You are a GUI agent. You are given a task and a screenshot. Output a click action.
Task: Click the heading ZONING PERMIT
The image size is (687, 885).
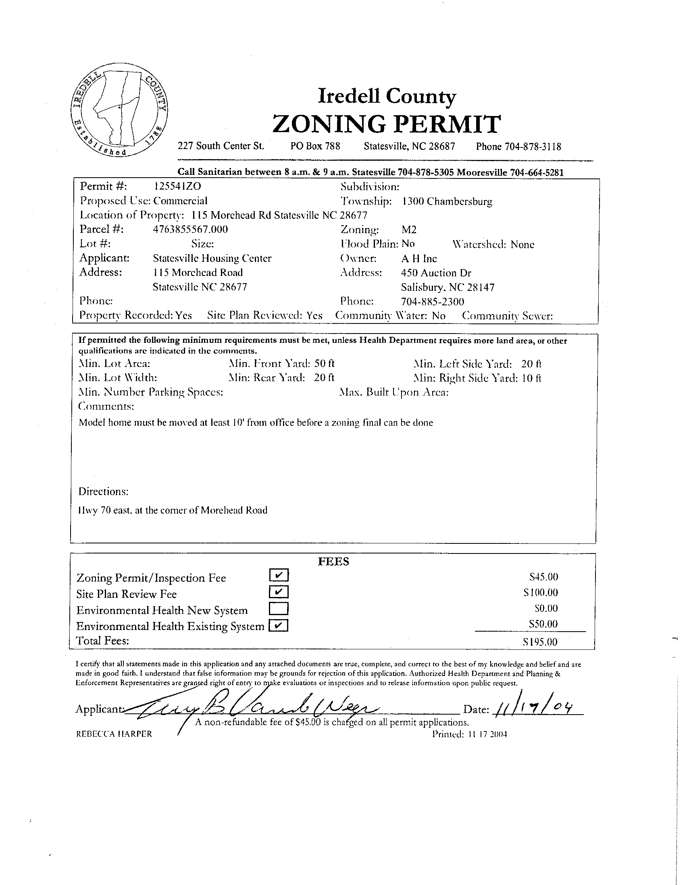point(387,124)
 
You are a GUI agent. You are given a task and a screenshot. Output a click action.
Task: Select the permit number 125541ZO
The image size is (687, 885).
point(178,186)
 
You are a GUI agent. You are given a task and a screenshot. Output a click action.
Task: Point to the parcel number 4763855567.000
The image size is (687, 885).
point(190,229)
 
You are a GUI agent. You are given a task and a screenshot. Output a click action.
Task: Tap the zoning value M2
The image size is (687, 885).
point(409,230)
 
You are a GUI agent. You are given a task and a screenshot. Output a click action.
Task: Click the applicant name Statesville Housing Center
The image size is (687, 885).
point(212,258)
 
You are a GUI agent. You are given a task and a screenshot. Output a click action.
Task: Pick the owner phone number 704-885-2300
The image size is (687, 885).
point(432,301)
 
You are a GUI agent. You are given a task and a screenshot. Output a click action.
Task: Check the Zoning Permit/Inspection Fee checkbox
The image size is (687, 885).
point(279,575)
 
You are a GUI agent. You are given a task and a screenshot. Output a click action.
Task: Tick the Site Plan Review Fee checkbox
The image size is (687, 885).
point(279,592)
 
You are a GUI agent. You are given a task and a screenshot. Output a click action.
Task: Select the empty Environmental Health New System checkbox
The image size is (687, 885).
point(279,609)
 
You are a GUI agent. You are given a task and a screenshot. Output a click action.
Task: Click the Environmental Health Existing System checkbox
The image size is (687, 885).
point(279,626)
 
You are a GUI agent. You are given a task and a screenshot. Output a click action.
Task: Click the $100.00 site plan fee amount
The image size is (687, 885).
point(541,593)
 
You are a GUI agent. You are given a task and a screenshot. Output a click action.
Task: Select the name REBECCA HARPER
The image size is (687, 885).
point(114,734)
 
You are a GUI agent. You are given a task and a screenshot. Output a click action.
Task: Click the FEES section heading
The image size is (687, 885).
point(333,562)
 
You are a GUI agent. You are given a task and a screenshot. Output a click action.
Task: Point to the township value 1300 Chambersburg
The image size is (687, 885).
point(448,201)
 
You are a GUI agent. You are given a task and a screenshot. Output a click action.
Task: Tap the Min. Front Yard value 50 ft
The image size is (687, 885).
point(325,363)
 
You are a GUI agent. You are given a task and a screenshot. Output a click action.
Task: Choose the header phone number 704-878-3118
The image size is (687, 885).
point(533,146)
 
